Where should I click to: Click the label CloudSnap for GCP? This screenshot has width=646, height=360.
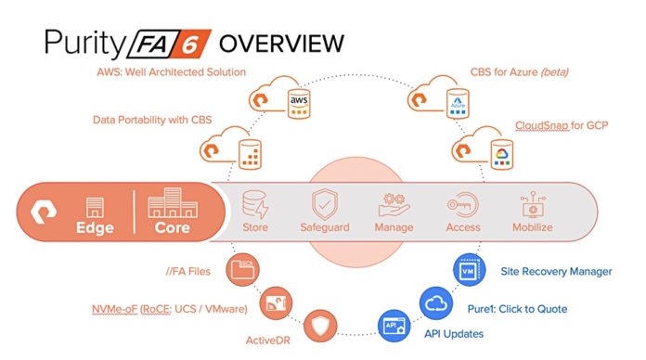pyautogui.click(x=562, y=124)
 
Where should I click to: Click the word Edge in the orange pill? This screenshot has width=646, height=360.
pyautogui.click(x=93, y=227)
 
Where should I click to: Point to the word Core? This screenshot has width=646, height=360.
pyautogui.click(x=172, y=227)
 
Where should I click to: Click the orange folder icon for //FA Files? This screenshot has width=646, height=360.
pyautogui.click(x=243, y=270)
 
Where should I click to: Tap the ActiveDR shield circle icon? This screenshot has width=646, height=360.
pyautogui.click(x=317, y=326)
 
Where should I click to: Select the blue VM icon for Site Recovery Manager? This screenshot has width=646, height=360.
pyautogui.click(x=467, y=270)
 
